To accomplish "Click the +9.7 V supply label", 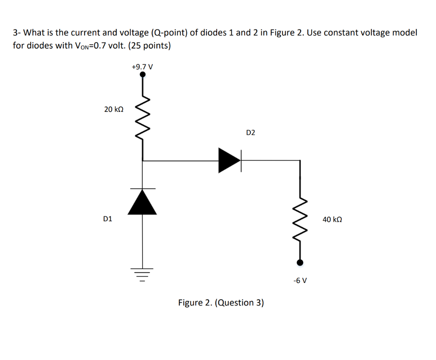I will (x=142, y=67).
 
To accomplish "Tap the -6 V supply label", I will (x=300, y=280).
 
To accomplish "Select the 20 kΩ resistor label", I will (x=114, y=109).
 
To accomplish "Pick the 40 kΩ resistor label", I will (x=332, y=220).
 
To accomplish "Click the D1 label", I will (x=108, y=219).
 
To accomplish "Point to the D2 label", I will (x=251, y=133).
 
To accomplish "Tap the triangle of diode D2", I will (x=229, y=160).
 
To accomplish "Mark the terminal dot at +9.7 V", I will (x=143, y=74).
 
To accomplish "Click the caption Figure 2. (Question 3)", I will (x=221, y=303).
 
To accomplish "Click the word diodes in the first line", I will (x=214, y=33).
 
